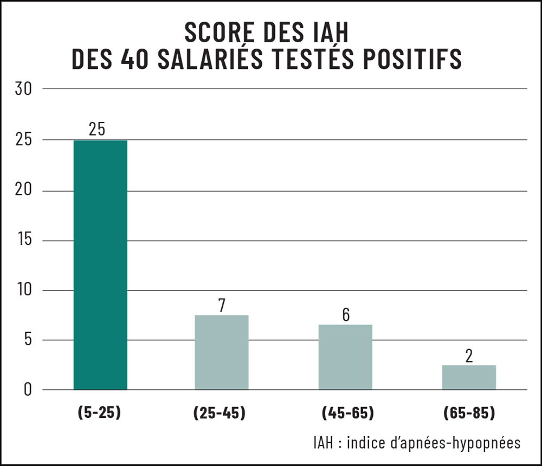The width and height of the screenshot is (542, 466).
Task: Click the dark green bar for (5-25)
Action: [x=100, y=265]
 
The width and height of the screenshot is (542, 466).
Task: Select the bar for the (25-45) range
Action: [x=221, y=352]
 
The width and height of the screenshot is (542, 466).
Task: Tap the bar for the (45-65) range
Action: [x=345, y=357]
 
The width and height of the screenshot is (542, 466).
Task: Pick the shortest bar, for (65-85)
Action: [x=469, y=377]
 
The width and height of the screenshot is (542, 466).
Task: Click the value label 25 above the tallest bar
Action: [x=97, y=130]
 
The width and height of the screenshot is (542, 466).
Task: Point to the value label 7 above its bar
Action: [x=221, y=306]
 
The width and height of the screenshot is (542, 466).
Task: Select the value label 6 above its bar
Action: [x=346, y=315]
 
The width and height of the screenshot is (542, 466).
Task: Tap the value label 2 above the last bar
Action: [x=469, y=356]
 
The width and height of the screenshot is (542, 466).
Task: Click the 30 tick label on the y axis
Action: [x=25, y=89]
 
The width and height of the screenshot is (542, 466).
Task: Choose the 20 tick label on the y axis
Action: [x=25, y=191]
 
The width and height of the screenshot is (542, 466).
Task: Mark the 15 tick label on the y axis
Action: [x=25, y=241]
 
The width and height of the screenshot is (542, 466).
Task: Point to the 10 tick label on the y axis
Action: [x=25, y=290]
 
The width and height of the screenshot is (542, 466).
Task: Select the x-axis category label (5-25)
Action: [x=99, y=413]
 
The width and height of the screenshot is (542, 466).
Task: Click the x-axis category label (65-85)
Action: [x=469, y=413]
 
